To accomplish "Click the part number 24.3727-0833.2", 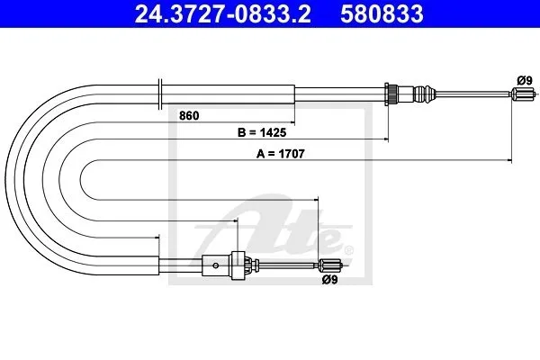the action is pos(222,13).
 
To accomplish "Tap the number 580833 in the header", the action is pos(382,13).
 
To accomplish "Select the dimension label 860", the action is pos(189,115).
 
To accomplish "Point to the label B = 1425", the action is pos(262,132).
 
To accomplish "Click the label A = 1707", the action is pos(280,154).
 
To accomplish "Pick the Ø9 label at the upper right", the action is pos(525,81).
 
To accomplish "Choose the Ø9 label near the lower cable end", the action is pos(329,280).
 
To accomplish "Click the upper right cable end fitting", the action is pos(522,94).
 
